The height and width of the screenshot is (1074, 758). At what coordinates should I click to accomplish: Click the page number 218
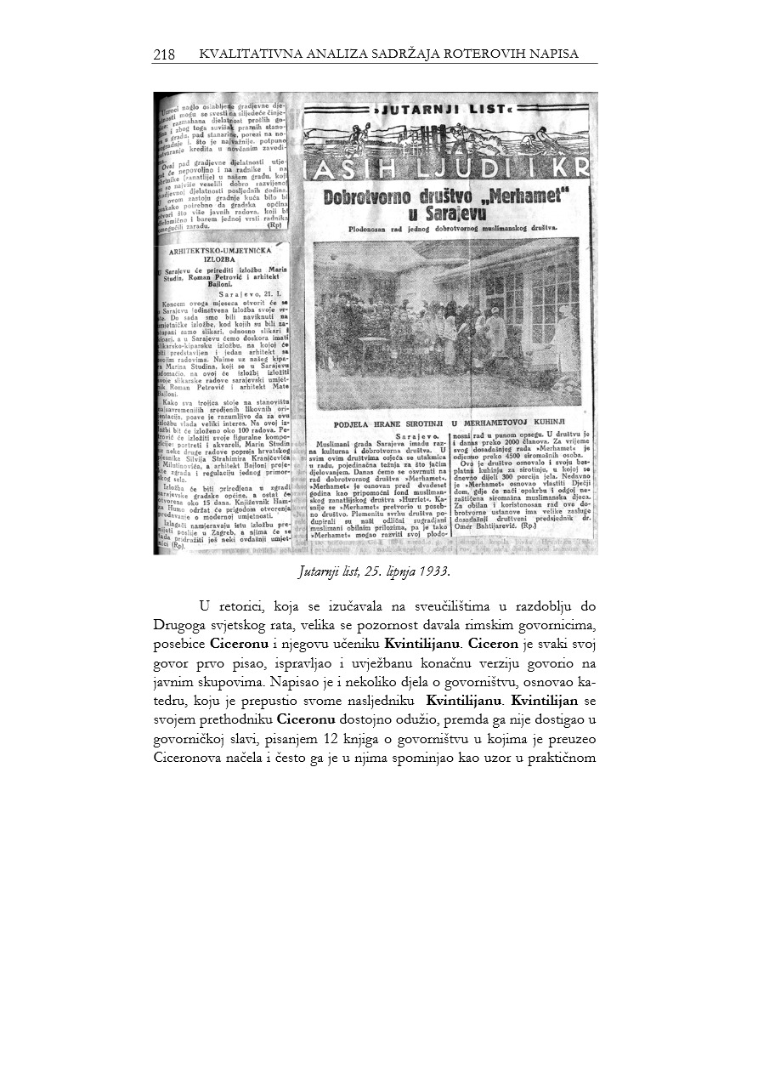(164, 55)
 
